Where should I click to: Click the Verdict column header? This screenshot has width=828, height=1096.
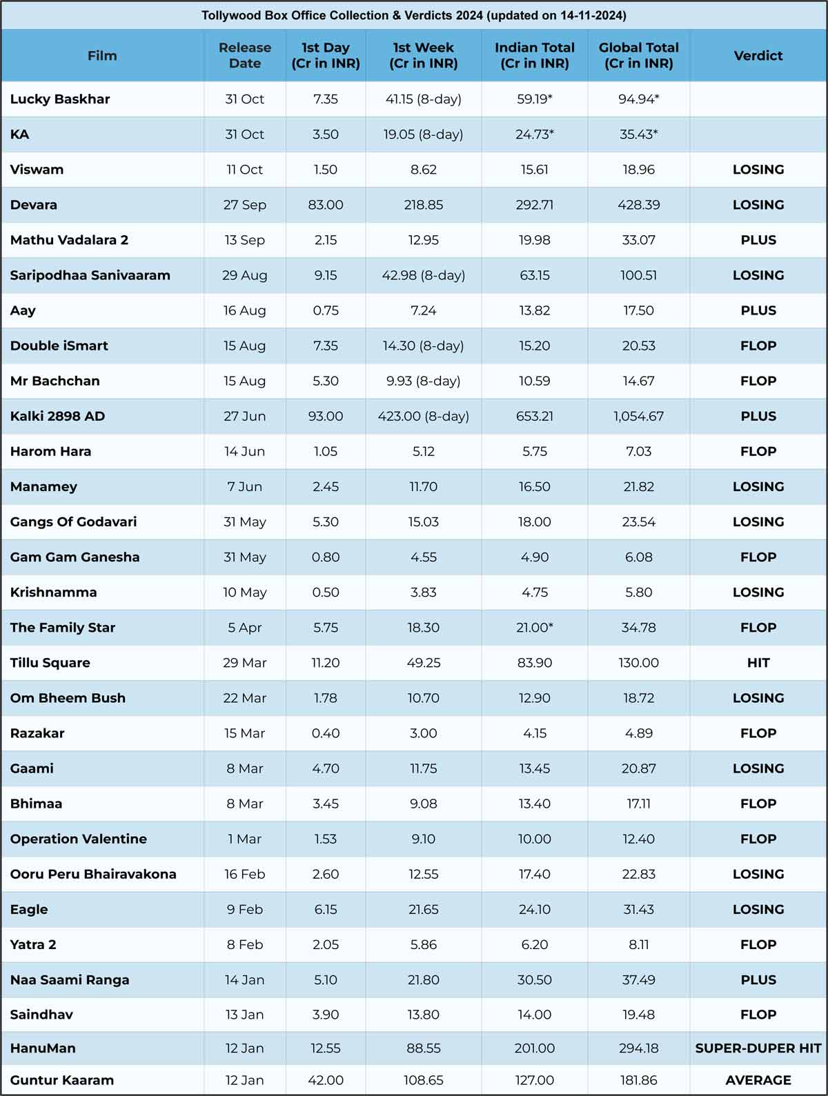click(x=758, y=55)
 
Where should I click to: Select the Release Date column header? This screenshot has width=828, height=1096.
click(x=245, y=55)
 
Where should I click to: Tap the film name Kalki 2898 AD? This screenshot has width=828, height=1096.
click(x=57, y=416)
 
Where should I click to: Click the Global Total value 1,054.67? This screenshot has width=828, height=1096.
click(x=639, y=416)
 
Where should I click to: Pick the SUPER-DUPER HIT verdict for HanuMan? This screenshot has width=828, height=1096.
click(x=758, y=1048)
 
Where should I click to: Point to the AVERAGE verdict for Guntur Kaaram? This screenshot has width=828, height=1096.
click(x=758, y=1080)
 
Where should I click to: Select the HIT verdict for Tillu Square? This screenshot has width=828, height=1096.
click(x=758, y=663)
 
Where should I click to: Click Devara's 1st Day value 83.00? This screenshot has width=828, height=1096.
click(x=326, y=205)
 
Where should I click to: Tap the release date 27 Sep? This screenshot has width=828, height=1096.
click(x=245, y=205)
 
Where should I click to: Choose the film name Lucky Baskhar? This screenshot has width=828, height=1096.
click(x=60, y=99)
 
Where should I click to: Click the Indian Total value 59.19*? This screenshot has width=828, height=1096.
click(x=534, y=99)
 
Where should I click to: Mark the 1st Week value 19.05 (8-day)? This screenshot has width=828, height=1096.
click(x=424, y=134)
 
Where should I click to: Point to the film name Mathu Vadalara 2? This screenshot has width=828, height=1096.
click(x=69, y=239)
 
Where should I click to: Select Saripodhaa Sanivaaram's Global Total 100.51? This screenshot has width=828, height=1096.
click(x=639, y=275)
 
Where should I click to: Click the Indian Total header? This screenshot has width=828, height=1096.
click(x=534, y=55)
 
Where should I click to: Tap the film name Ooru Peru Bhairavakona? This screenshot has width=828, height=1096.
click(x=93, y=874)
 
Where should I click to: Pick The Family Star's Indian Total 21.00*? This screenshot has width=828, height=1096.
click(x=534, y=627)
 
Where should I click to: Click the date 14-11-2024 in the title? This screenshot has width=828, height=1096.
click(x=591, y=15)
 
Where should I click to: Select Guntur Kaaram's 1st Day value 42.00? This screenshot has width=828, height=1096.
click(x=326, y=1080)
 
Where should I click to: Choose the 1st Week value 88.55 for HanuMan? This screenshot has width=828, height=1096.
click(x=424, y=1048)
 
